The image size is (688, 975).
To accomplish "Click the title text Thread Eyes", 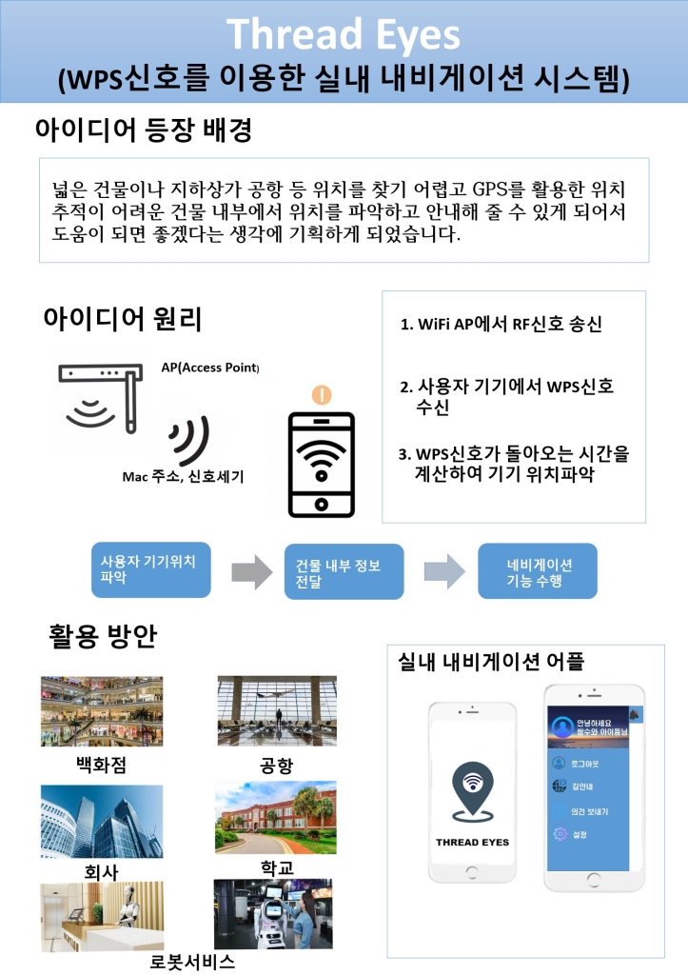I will point(344,35).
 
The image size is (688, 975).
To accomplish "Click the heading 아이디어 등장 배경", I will point(143,130).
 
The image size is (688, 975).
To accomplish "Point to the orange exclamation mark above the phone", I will point(323,394).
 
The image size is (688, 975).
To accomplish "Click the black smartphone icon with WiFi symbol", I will point(323,464).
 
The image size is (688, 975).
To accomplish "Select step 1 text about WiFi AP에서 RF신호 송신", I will point(501,325).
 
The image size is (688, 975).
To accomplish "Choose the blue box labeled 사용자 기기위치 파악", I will point(149,569).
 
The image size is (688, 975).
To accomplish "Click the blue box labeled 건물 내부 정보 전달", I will point(344,572).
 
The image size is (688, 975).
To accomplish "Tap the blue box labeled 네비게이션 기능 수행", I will point(538,571).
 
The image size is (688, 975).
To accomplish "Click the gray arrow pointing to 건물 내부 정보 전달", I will point(251,571).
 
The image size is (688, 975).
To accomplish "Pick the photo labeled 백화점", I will point(102,711).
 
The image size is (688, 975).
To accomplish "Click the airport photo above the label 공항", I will point(275,711).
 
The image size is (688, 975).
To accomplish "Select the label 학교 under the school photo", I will point(277,867).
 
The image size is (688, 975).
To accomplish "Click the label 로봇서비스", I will point(193,961).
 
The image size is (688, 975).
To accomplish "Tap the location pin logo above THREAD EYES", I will point(472,790).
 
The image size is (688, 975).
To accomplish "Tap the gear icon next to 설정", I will point(560,834).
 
